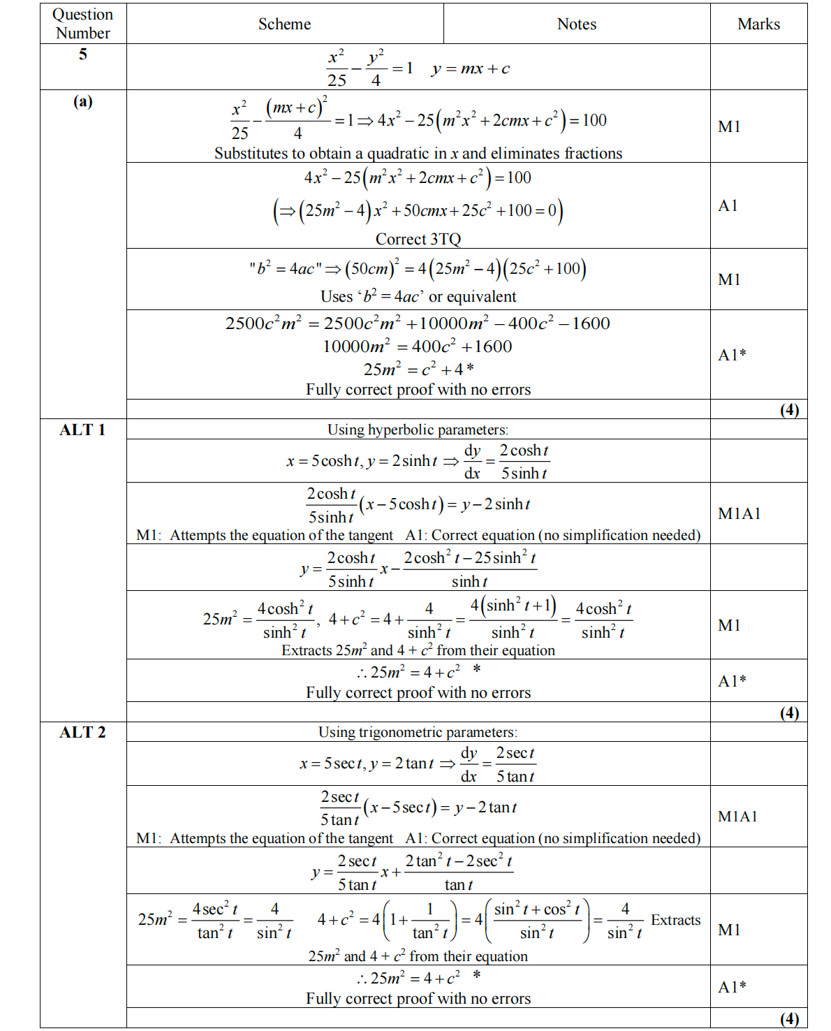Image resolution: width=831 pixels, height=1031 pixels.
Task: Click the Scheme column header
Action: (284, 24)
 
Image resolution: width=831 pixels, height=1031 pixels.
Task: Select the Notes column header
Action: (576, 24)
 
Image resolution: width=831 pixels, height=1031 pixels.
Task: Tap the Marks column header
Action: (758, 24)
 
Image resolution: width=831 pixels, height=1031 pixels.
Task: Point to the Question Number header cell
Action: (82, 24)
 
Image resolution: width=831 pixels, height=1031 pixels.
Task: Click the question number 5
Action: (83, 54)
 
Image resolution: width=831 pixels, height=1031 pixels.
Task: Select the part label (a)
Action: (83, 101)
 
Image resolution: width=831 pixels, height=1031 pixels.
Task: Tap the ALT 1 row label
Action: (82, 430)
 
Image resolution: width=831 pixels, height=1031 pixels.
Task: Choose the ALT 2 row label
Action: (82, 733)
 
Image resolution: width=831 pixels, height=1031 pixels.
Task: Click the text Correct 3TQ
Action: (418, 240)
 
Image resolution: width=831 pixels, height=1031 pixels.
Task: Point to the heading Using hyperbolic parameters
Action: (418, 430)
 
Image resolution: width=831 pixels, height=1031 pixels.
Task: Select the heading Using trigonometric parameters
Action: (418, 732)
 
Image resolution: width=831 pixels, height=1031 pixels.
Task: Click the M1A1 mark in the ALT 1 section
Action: (739, 514)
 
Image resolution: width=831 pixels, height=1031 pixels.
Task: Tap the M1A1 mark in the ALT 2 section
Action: (737, 817)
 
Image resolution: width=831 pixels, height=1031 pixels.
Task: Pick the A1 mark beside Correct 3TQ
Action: (728, 206)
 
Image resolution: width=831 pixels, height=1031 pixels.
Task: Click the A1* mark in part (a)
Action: (732, 355)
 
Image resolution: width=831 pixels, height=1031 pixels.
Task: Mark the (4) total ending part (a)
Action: (789, 410)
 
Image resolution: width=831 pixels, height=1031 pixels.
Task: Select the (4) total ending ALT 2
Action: (789, 1018)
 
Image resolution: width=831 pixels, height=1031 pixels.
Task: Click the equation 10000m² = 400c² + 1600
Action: (417, 346)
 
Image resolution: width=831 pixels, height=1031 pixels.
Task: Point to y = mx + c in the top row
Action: (471, 69)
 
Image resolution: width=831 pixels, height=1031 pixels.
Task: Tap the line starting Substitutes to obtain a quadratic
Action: (418, 154)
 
